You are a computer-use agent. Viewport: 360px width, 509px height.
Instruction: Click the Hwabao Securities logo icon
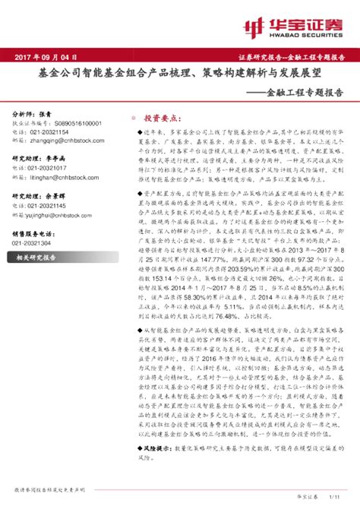point(251,27)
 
